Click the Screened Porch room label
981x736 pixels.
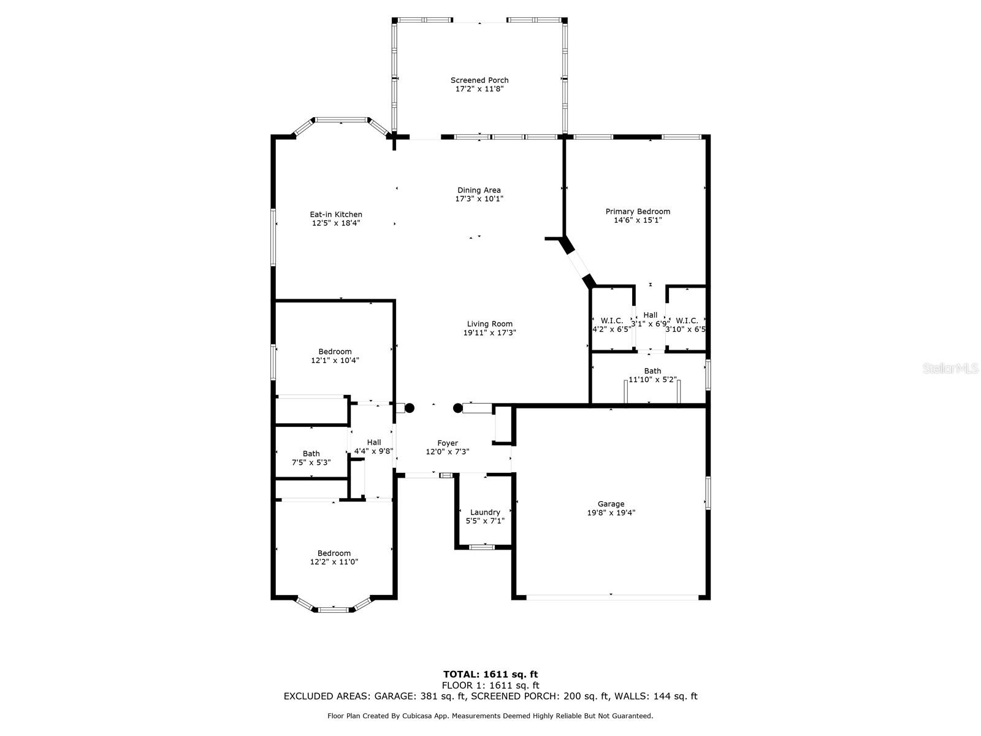[479, 80]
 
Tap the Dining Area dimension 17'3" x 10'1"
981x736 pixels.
[479, 199]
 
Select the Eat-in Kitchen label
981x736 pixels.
[336, 215]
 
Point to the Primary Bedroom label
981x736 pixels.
[638, 212]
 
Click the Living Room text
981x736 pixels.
[489, 324]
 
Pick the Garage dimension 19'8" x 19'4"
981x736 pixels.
[611, 513]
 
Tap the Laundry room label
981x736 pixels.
[485, 512]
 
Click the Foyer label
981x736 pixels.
[448, 443]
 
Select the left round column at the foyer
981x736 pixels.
[410, 408]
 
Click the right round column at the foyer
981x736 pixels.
[457, 408]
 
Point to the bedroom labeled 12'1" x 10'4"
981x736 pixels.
[335, 356]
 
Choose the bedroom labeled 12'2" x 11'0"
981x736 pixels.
[334, 558]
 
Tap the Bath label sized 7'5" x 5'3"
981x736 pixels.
[311, 458]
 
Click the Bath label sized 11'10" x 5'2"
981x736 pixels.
[652, 375]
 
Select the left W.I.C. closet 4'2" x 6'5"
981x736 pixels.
[611, 324]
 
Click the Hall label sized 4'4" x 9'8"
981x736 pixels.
[373, 447]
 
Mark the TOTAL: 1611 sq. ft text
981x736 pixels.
[490, 675]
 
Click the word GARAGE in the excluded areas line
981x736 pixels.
[395, 696]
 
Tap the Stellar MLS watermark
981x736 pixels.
[950, 369]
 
